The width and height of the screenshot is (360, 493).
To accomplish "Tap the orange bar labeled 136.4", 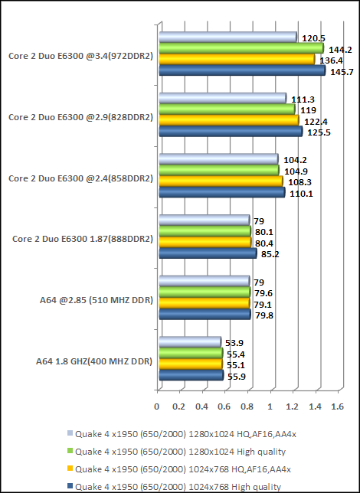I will point(235,59).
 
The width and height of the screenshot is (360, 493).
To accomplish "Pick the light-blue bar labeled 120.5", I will point(227,37).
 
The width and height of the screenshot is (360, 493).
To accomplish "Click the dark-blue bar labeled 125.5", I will point(229,132).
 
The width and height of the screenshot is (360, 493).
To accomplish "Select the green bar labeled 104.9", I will point(218,170).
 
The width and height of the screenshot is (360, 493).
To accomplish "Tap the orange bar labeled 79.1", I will point(203,302).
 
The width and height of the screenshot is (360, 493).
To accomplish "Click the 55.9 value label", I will point(236,376).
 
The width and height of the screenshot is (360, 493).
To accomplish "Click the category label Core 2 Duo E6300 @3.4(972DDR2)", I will point(80,55).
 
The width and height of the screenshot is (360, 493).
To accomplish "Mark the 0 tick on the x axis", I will point(157,406).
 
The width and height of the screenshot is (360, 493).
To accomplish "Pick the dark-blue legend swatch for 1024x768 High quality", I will point(70,486).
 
